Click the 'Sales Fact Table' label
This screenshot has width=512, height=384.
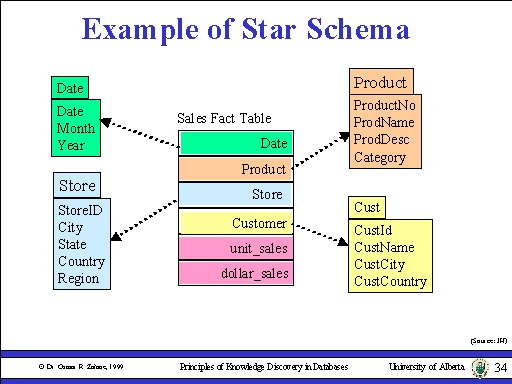pos(224,118)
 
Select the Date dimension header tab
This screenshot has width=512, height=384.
pos(70,89)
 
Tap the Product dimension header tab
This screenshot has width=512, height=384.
pos(380,82)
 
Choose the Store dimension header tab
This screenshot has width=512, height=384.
pos(77,186)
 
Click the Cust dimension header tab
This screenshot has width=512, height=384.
pos(367,207)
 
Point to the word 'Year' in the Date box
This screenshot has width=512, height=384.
pos(71,145)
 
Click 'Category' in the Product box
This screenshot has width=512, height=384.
pos(379,157)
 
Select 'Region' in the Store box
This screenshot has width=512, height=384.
pos(78,278)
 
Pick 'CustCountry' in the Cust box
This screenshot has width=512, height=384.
pos(390,281)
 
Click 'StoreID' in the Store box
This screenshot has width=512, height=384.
pos(80,210)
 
